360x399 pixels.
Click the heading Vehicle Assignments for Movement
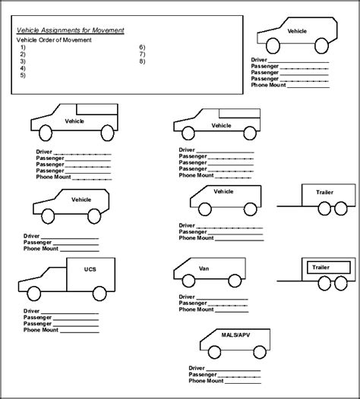[70, 30]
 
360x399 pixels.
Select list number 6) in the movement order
[142, 47]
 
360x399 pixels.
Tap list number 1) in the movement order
[24, 47]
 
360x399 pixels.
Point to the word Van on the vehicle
[204, 268]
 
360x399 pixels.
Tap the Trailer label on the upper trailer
[324, 193]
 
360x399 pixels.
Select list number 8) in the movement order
[142, 61]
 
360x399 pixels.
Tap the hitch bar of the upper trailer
[288, 205]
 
